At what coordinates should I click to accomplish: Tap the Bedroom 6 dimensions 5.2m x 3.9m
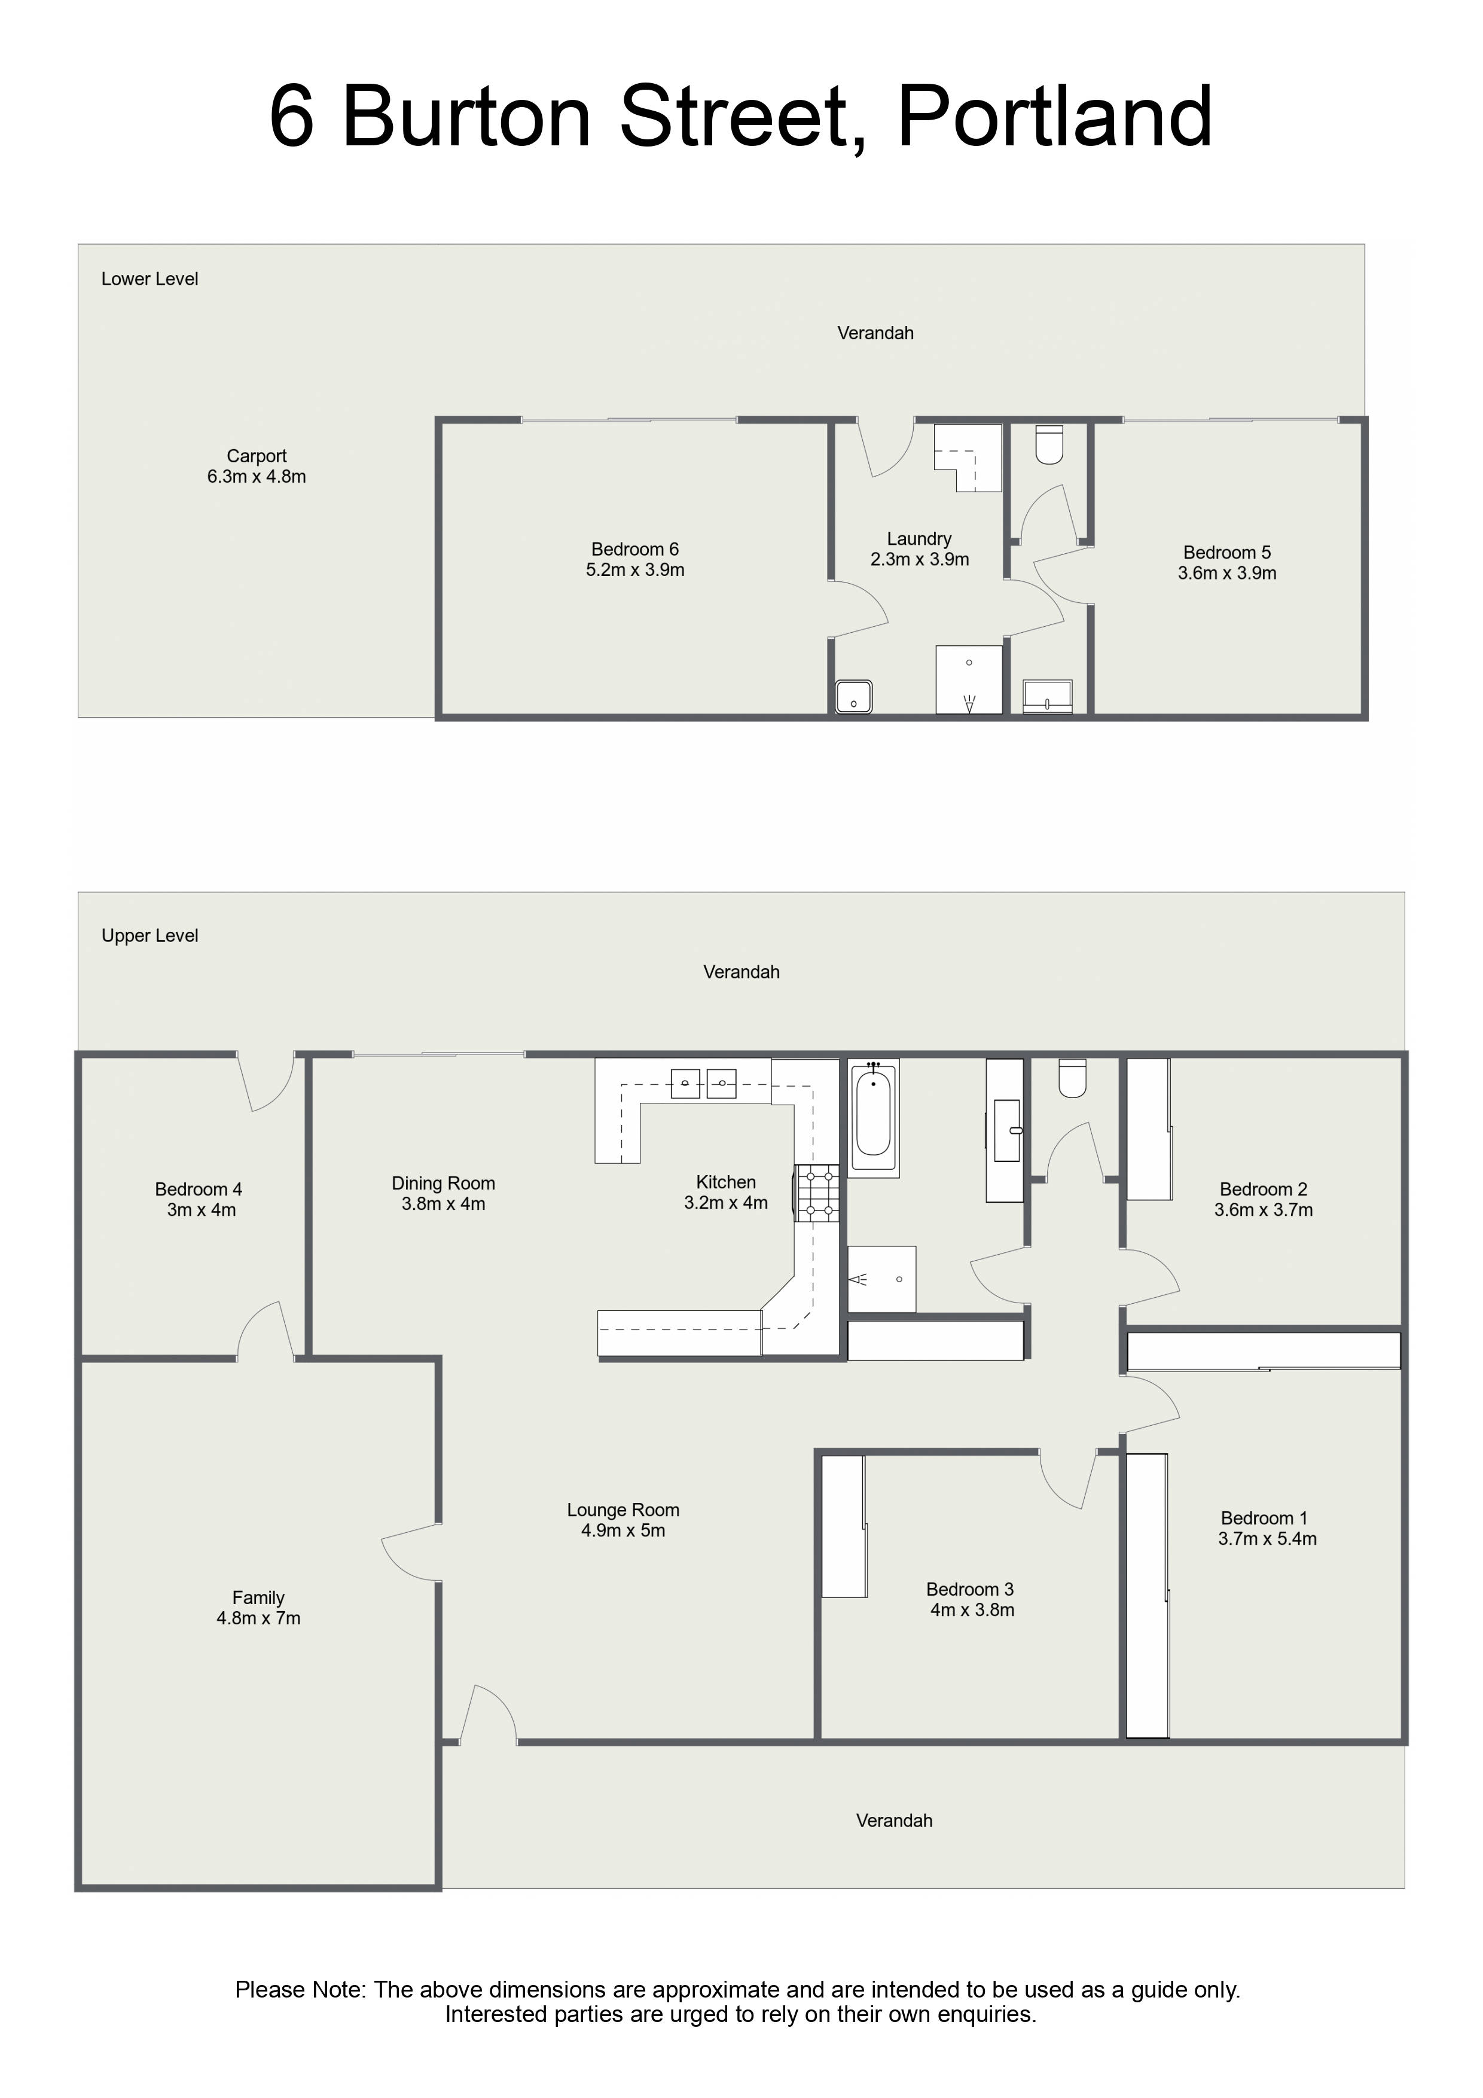click(x=635, y=570)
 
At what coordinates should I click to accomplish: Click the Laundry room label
click(x=919, y=539)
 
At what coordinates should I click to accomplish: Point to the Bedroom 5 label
click(x=1227, y=553)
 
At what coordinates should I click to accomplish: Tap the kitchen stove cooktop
click(x=818, y=1193)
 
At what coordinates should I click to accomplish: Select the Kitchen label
click(x=727, y=1182)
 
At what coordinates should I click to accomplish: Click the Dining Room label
click(x=443, y=1184)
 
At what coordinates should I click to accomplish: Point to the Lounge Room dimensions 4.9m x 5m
click(x=623, y=1530)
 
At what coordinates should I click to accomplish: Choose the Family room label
click(x=258, y=1597)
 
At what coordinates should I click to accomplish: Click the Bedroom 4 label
click(x=199, y=1189)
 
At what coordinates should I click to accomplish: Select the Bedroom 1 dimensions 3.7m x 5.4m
click(x=1267, y=1539)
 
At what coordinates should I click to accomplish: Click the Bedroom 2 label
click(x=1264, y=1189)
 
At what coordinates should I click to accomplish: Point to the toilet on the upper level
click(x=1072, y=1078)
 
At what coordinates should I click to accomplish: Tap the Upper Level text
click(x=150, y=936)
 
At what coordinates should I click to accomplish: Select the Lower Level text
click(x=150, y=279)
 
